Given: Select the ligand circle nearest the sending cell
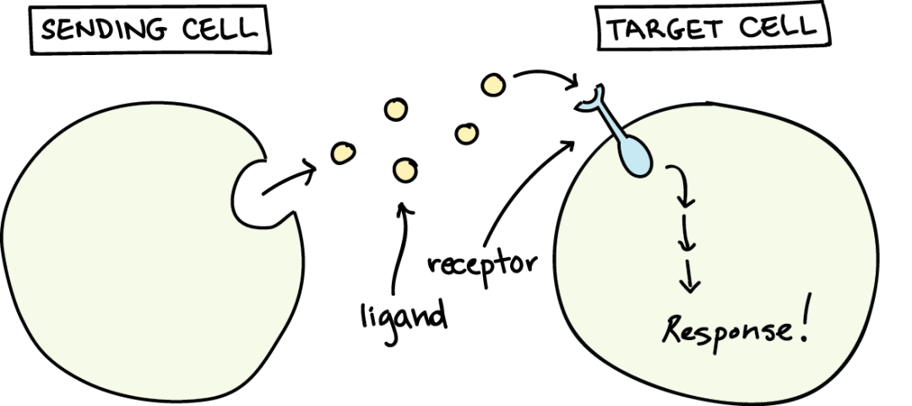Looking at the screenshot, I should pyautogui.click(x=343, y=152).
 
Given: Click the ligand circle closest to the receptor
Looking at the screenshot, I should pyautogui.click(x=493, y=85).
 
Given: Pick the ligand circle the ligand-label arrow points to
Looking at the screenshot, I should pyautogui.click(x=404, y=170).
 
